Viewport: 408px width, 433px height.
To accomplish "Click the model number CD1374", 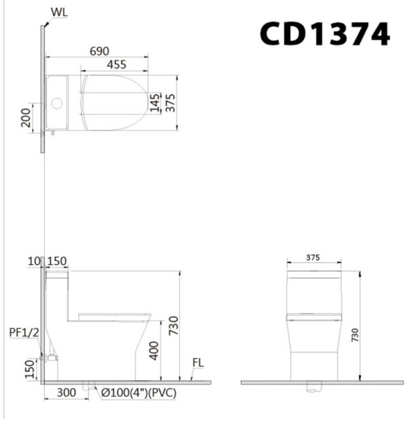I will [324, 33].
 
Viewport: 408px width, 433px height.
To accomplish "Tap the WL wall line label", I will [59, 12].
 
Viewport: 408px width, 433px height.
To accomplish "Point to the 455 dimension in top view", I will [115, 64].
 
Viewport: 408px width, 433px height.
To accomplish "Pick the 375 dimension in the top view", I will [171, 102].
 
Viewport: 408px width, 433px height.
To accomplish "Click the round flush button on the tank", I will [57, 104].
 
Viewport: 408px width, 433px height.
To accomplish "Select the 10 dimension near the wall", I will [34, 262].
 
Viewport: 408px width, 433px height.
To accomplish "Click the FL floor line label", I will [198, 362].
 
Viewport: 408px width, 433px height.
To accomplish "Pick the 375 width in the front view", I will [313, 258].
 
